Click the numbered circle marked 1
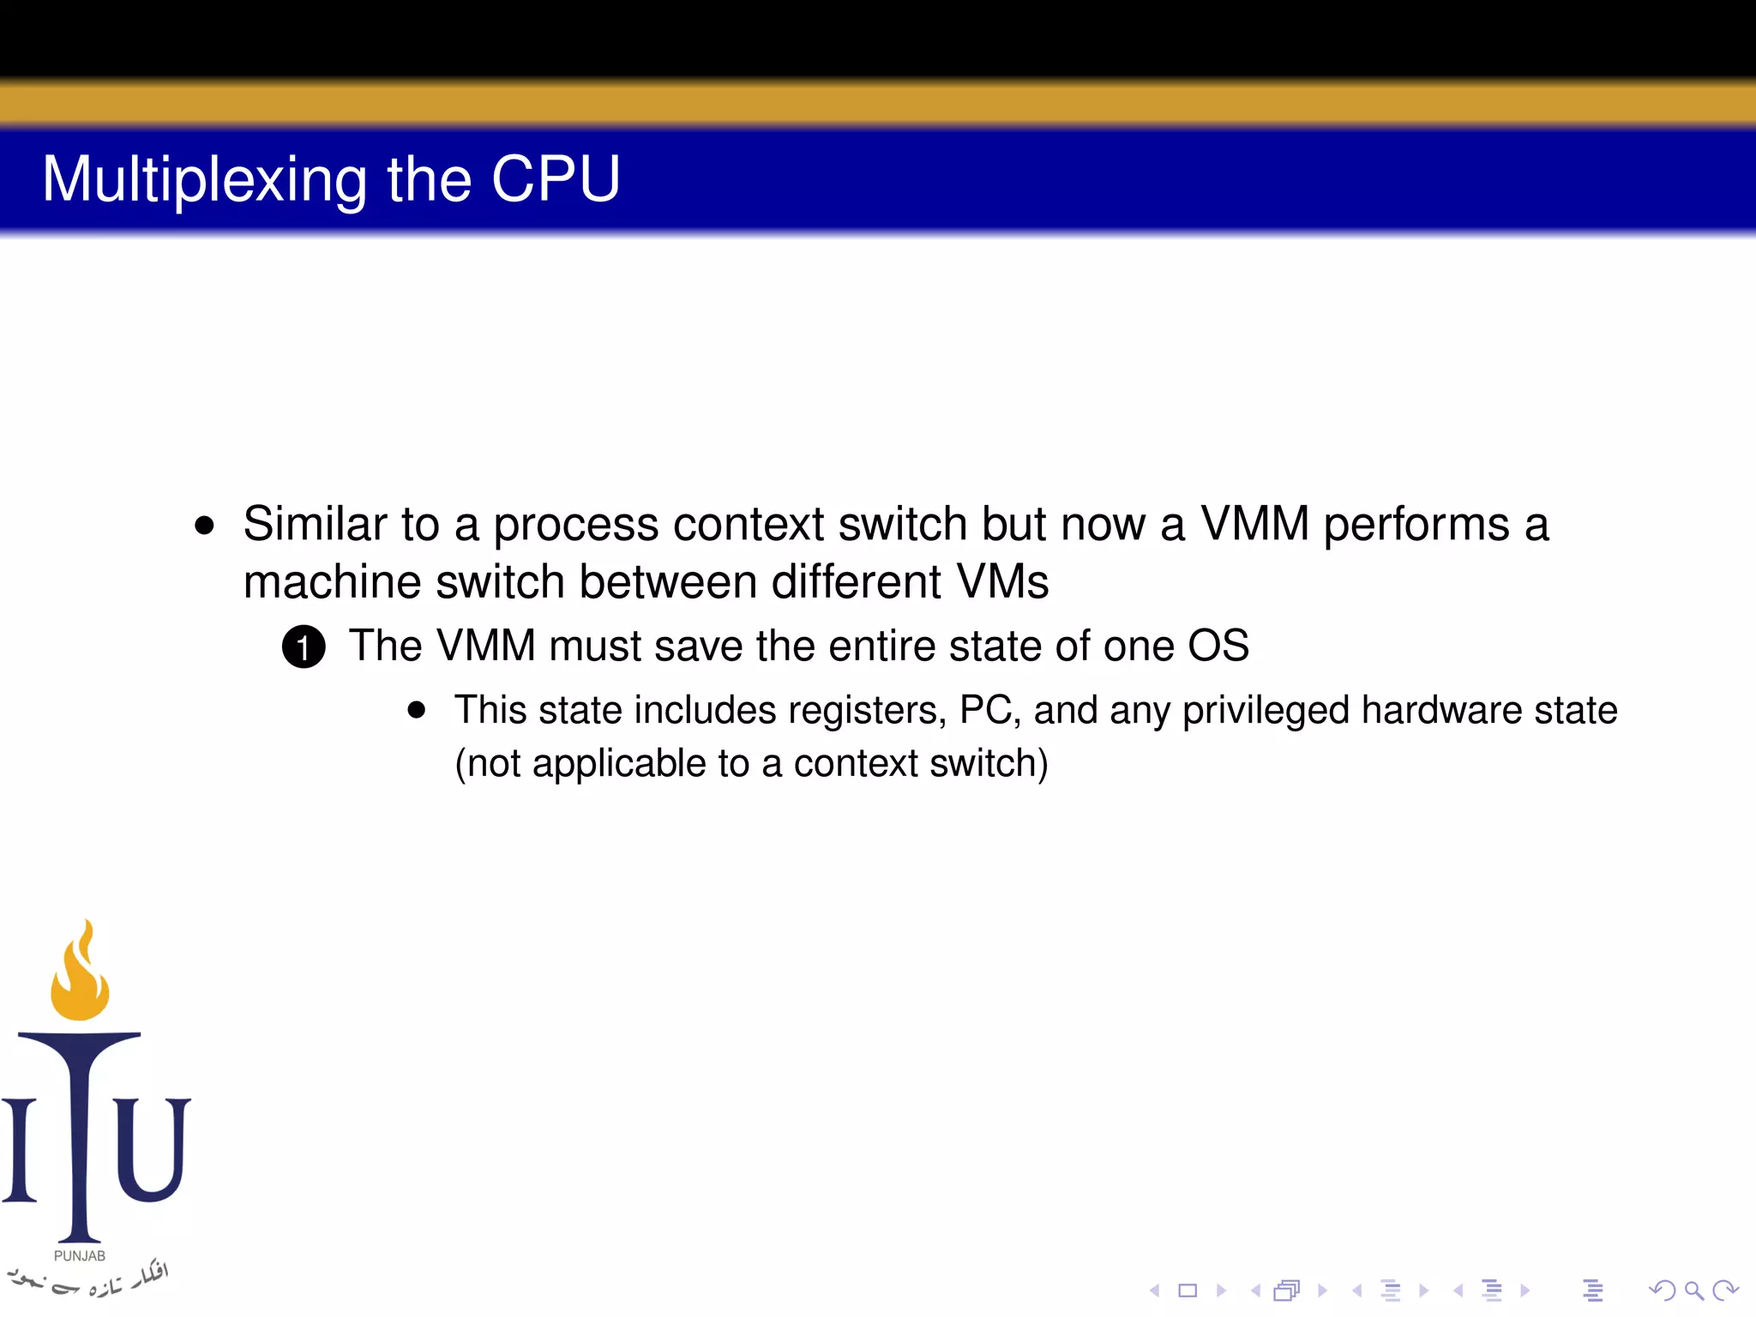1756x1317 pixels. (x=304, y=647)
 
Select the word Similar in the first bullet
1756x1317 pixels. (x=315, y=524)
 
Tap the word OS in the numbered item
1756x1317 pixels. (x=1218, y=646)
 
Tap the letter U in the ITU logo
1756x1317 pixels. (x=152, y=1149)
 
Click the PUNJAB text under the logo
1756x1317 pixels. (x=80, y=1256)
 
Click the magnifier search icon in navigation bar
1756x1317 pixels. (x=1693, y=1290)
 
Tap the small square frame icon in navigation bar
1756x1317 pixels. (x=1188, y=1290)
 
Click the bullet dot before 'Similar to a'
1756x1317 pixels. (x=204, y=526)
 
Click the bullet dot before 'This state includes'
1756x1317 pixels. (x=417, y=710)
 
